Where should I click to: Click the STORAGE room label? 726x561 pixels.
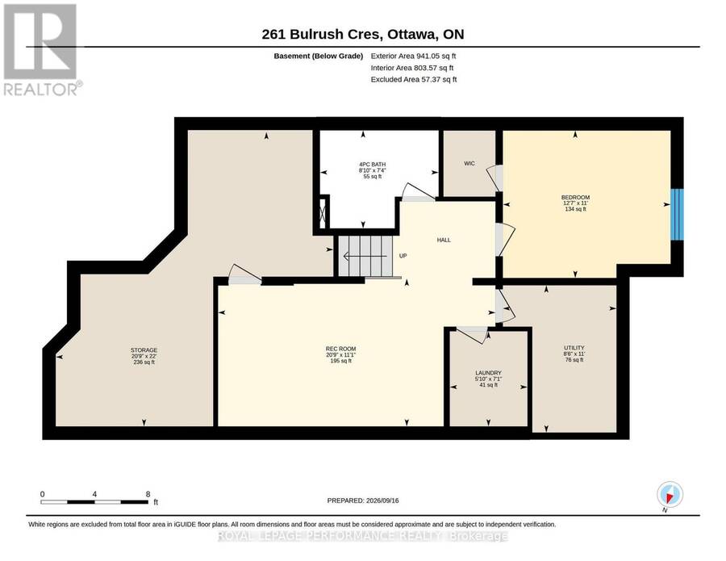[144, 350]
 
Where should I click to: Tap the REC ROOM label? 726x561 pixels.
[340, 349]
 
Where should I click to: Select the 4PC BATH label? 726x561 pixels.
[372, 165]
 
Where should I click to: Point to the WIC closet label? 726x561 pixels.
[469, 164]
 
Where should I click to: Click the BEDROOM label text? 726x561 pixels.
[575, 197]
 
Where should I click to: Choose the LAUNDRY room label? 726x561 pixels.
[489, 373]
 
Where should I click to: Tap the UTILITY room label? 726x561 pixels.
[574, 348]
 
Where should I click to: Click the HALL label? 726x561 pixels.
[444, 240]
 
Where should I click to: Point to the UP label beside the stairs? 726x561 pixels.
[403, 256]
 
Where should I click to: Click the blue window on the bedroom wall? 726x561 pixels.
[678, 214]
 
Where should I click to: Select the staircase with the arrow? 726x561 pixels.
[365, 256]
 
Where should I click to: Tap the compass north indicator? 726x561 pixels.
[670, 495]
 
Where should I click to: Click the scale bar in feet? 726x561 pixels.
[94, 502]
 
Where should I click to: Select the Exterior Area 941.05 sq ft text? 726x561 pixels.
[414, 56]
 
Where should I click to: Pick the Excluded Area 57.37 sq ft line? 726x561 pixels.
[414, 80]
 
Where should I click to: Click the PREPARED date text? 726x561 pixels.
[363, 500]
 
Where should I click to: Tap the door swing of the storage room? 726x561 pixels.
[245, 274]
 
